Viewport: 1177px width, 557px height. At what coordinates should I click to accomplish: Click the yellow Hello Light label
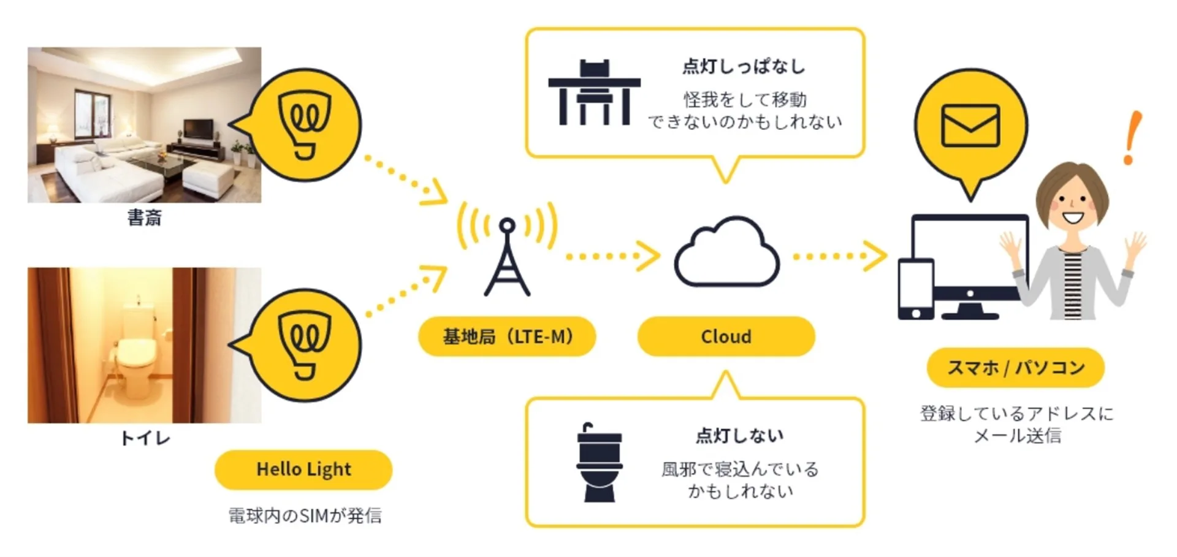click(303, 469)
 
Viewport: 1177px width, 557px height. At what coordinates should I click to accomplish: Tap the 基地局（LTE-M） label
click(507, 336)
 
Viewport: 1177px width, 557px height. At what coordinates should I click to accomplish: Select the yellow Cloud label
click(726, 336)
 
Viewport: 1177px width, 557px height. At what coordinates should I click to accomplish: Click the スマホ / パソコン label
click(1015, 368)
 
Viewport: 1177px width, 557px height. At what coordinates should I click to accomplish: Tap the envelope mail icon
click(970, 126)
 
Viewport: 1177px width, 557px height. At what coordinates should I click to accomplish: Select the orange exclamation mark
click(1132, 138)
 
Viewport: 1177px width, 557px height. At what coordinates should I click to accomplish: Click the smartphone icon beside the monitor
click(916, 289)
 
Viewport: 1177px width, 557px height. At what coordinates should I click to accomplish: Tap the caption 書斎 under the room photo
click(145, 218)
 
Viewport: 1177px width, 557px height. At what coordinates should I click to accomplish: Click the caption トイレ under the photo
click(145, 438)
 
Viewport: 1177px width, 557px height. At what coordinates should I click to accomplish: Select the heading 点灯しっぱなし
click(744, 66)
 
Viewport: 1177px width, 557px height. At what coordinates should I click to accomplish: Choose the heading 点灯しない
click(740, 436)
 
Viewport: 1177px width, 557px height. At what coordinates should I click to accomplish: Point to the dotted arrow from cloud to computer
click(839, 256)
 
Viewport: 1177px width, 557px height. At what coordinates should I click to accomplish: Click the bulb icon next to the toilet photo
click(305, 346)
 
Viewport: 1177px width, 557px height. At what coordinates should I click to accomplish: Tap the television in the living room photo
click(199, 129)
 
